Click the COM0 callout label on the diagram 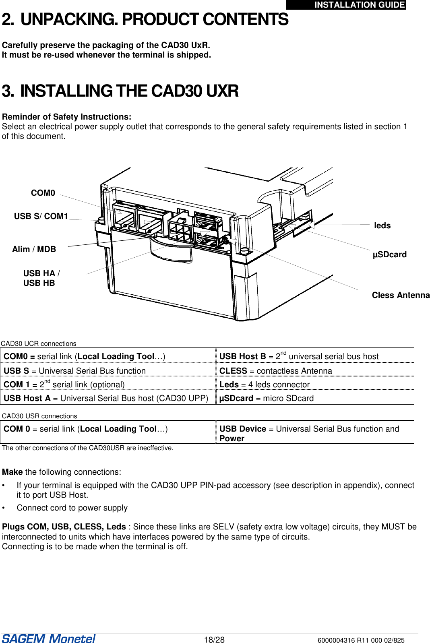[43, 193]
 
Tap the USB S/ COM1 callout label [41, 216]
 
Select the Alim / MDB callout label [34, 249]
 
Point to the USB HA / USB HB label [41, 278]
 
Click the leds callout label [382, 225]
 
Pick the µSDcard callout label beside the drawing [389, 254]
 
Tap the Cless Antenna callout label [400, 295]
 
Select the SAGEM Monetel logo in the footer [48, 639]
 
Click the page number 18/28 [214, 640]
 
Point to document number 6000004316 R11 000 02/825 [361, 640]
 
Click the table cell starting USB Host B [298, 356]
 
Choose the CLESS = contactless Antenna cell [275, 371]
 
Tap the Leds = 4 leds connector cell [264, 385]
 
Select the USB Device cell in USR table [309, 433]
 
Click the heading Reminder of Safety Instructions [66, 117]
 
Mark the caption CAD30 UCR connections [39, 343]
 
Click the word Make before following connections [12, 472]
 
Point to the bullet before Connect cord [4, 508]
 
